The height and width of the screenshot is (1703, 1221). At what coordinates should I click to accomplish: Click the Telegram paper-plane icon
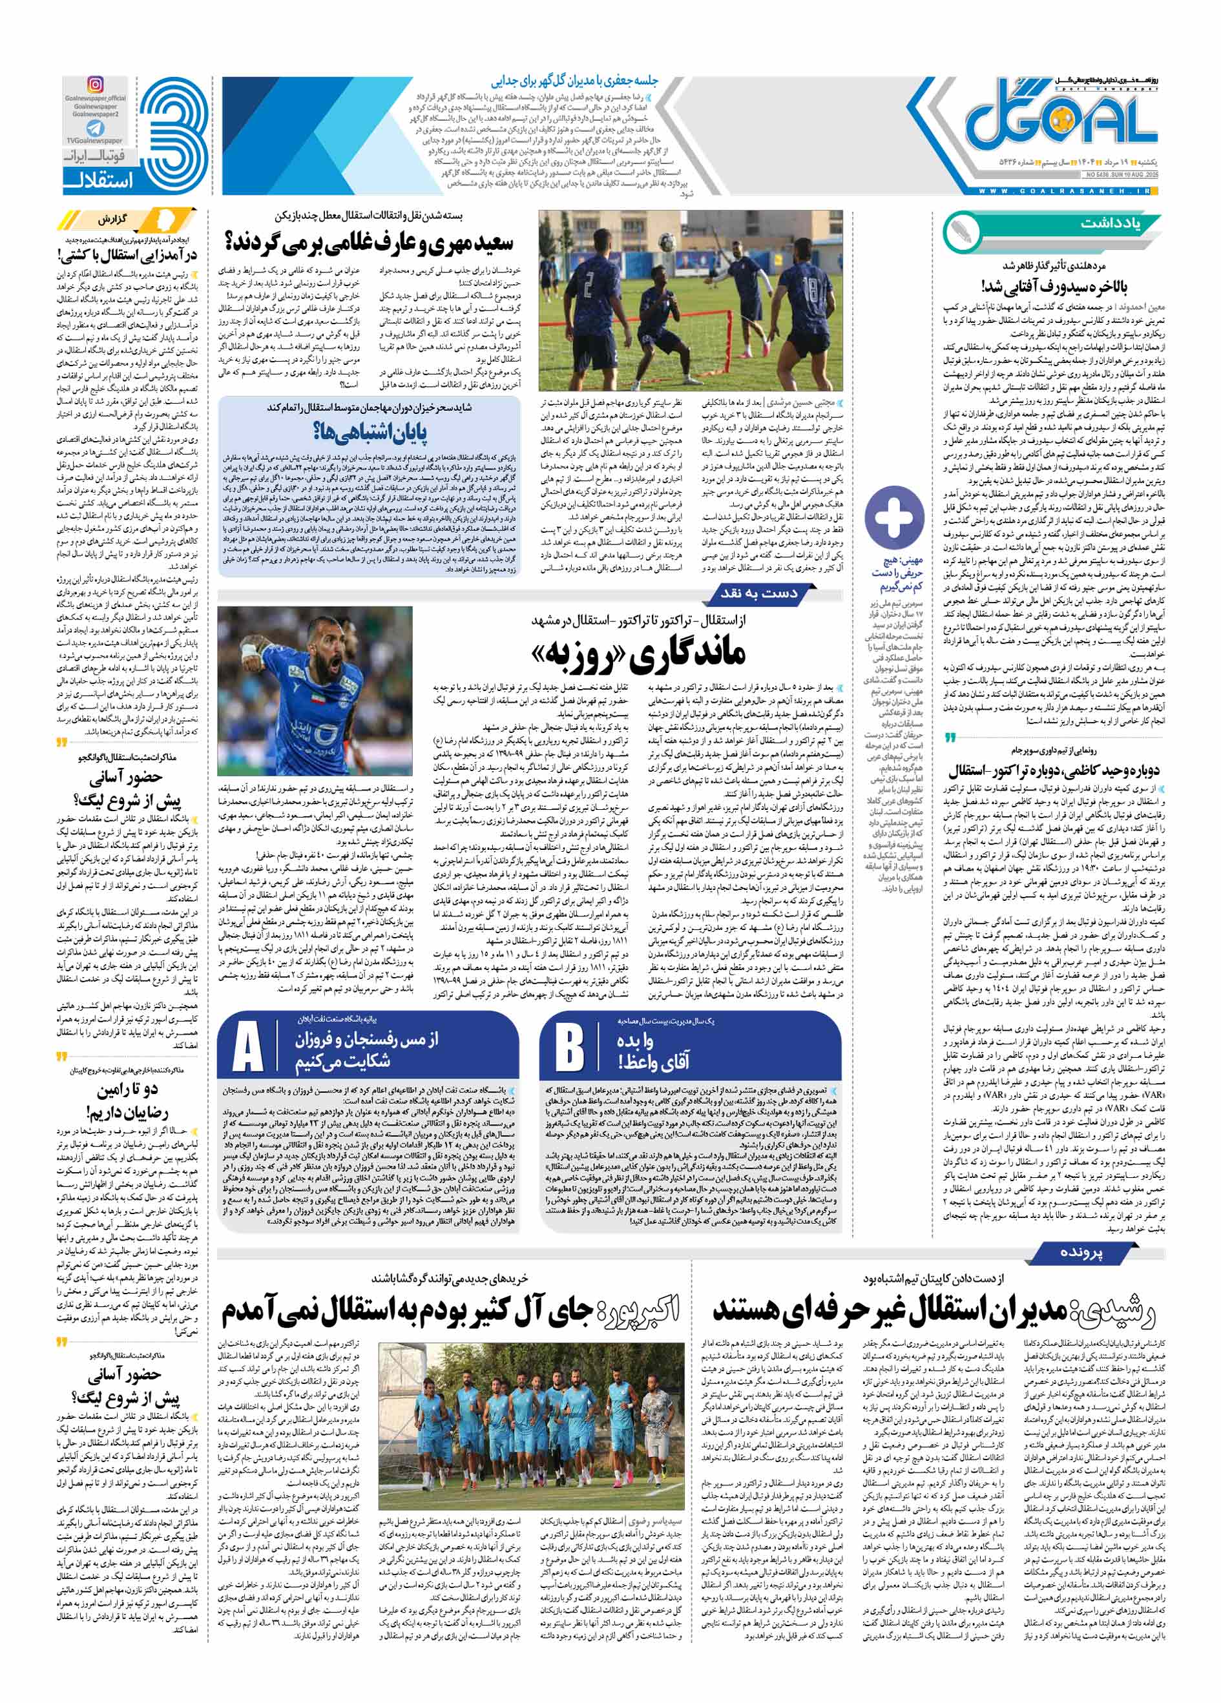[x=96, y=129]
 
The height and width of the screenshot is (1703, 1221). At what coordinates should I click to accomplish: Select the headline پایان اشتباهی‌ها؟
[x=370, y=433]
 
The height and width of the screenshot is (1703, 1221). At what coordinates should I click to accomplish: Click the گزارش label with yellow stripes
[x=112, y=220]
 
